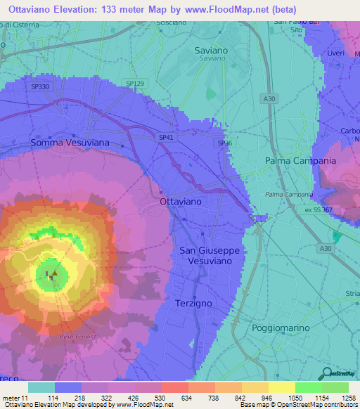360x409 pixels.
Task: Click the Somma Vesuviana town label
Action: tap(69, 143)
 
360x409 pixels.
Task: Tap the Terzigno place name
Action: tap(192, 302)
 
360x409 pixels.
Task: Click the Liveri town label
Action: tap(335, 53)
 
